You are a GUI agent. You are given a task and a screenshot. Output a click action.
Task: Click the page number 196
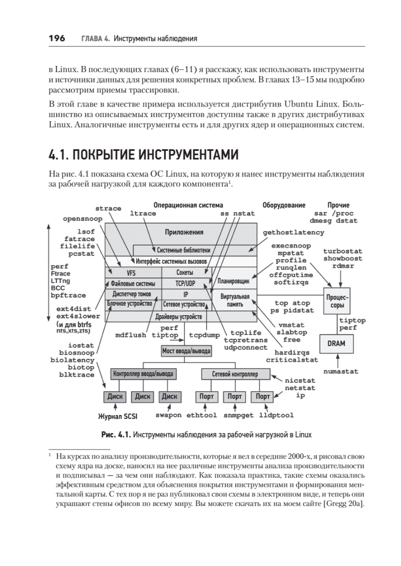point(56,38)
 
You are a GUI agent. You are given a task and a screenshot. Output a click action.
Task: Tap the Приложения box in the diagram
point(184,232)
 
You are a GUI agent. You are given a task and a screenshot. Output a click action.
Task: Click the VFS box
point(131,273)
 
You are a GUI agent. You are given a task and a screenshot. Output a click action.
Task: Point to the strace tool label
point(108,208)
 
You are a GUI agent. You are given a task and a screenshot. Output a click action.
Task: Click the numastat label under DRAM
point(341,371)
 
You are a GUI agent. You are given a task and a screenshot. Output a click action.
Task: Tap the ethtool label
point(201,416)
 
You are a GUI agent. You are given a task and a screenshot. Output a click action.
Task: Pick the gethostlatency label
point(293,233)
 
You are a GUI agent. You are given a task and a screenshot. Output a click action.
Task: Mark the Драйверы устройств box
point(179,316)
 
